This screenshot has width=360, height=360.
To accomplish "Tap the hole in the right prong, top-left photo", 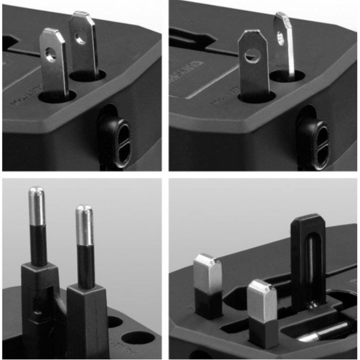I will (81, 36).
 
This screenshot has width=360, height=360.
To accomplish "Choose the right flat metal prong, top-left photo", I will (84, 50).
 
